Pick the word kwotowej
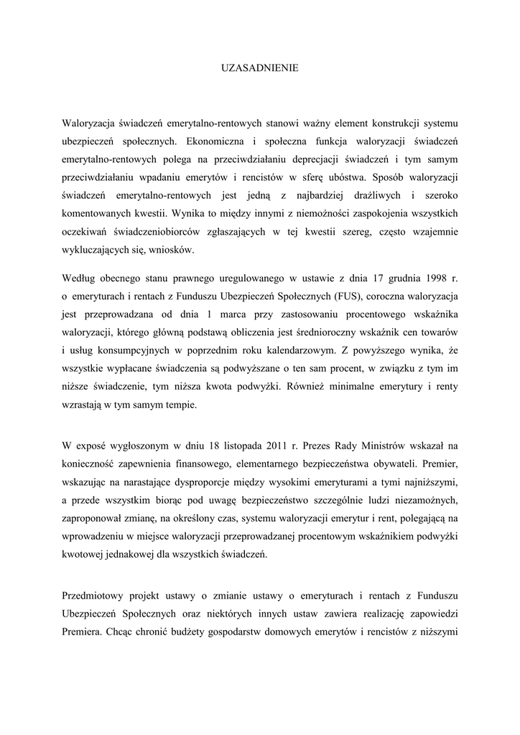point(83,553)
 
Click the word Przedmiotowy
point(94,597)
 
